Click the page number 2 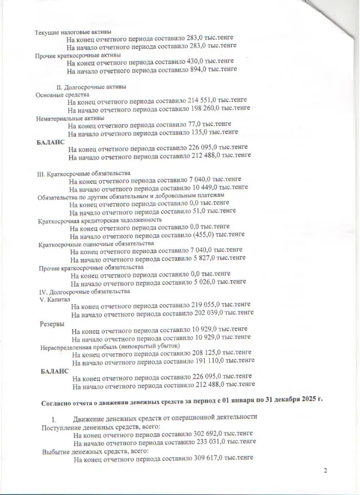tap(325, 470)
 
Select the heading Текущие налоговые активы tap(74, 31)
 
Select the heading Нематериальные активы tap(71, 117)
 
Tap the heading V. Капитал tap(55, 300)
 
